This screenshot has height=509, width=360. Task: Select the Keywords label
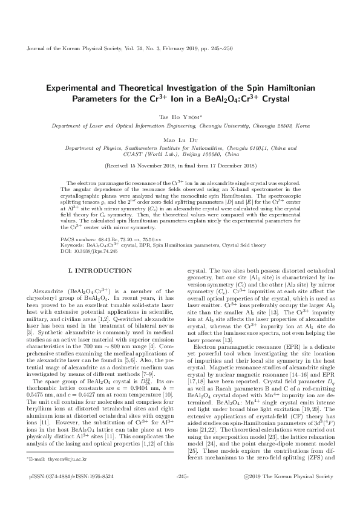coord(73,245)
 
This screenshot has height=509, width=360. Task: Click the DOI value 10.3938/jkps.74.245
coord(104,250)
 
